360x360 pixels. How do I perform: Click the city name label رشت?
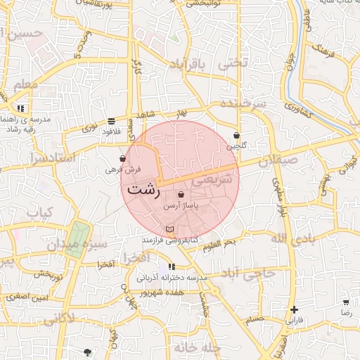(x=144, y=190)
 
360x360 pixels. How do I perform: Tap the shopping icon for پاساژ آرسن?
(x=181, y=195)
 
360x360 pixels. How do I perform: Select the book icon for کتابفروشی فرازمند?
(x=169, y=229)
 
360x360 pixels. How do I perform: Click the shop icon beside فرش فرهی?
(x=123, y=159)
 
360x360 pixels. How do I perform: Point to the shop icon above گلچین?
(x=236, y=135)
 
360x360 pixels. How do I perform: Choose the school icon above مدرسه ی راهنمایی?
(x=21, y=109)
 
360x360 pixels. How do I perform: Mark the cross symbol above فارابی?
(x=294, y=309)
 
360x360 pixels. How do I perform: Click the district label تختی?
(x=233, y=63)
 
